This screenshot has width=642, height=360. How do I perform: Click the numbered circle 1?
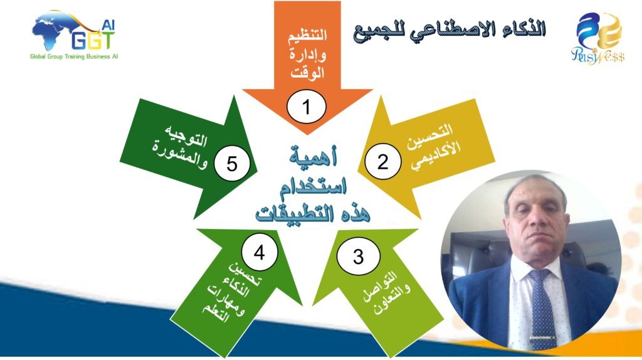(x=306, y=107)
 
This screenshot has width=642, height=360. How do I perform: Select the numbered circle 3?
(x=358, y=257)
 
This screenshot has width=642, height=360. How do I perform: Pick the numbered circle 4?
(x=259, y=252)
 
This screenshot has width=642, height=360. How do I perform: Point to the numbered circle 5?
(x=232, y=164)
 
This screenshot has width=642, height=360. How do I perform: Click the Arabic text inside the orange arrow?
(x=307, y=54)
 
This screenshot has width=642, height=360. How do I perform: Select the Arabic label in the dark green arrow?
(x=180, y=146)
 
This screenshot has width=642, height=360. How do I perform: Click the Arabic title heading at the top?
(x=450, y=30)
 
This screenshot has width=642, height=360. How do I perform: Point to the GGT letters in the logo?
(x=93, y=40)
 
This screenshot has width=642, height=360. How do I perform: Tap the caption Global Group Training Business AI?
(x=74, y=56)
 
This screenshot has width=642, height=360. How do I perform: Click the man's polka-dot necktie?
(x=542, y=307)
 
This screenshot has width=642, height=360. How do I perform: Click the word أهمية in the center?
(x=313, y=156)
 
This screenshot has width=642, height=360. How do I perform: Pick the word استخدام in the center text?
(x=313, y=186)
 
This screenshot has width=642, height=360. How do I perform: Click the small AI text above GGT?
(x=108, y=25)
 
